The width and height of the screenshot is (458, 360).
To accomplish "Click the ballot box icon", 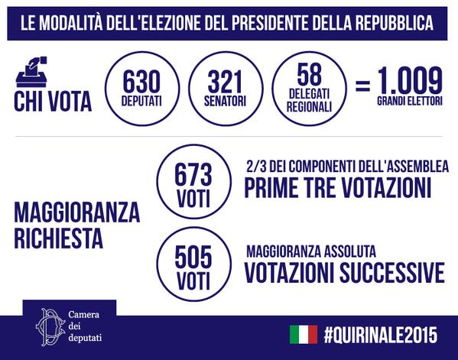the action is click(31, 72).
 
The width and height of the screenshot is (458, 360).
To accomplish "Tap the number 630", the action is click(141, 82).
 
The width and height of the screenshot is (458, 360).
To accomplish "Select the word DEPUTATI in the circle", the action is click(141, 101).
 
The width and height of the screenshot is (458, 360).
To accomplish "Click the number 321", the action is click(226, 82).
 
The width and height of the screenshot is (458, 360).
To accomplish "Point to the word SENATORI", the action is click(226, 101).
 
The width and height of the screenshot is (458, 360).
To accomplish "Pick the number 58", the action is click(310, 74).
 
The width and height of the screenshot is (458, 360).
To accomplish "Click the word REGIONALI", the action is click(310, 107).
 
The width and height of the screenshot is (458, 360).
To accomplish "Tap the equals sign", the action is click(362, 86).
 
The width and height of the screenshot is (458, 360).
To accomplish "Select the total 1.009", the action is click(410, 80).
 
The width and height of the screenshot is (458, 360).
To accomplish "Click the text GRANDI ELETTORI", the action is click(410, 101).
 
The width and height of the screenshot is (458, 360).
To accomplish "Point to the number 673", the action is click(193, 175).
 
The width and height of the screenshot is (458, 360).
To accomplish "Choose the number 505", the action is click(193, 257).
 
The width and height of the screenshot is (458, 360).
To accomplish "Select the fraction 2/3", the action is click(256, 167).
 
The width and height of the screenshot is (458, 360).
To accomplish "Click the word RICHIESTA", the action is click(58, 238).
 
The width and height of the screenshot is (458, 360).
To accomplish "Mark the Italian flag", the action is click(304, 335).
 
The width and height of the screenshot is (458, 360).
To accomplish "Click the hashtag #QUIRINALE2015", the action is click(381, 335).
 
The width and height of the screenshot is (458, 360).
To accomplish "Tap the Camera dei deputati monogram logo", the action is click(50, 326).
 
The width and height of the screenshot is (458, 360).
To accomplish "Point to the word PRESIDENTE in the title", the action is click(270, 24).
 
